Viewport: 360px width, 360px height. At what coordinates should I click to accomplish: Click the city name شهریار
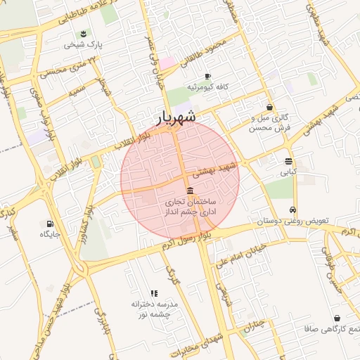(176, 117)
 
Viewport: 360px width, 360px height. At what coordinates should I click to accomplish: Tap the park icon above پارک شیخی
(84, 34)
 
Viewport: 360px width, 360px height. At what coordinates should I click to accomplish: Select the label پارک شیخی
(84, 44)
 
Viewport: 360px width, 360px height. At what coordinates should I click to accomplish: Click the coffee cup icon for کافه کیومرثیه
(207, 76)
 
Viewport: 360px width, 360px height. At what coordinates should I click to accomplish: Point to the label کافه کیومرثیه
(207, 86)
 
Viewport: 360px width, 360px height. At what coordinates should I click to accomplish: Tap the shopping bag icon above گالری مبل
(270, 108)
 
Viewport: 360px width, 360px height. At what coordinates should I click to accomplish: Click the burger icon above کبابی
(288, 160)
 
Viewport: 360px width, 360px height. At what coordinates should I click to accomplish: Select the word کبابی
(288, 171)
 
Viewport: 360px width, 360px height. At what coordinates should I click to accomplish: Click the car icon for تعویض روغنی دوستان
(292, 210)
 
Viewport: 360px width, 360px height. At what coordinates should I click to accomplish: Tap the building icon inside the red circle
(190, 192)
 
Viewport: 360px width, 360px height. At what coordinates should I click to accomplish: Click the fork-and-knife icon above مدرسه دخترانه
(153, 293)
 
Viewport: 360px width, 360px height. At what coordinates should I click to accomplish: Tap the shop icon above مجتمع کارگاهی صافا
(336, 318)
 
